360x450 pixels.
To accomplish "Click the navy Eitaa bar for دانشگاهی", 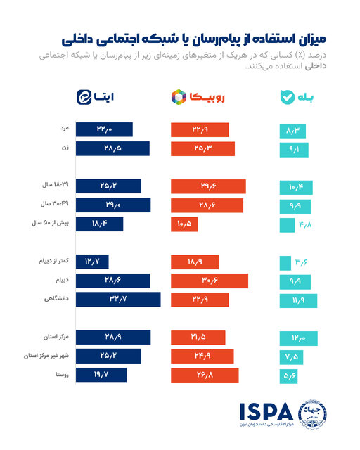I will click(117, 299).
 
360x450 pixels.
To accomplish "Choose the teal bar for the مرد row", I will click(293, 130).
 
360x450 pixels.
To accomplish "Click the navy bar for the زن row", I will click(112, 148).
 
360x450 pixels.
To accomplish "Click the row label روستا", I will click(60, 374).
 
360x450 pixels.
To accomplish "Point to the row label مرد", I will click(63, 130).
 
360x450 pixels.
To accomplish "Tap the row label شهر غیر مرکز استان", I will click(47, 356).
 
